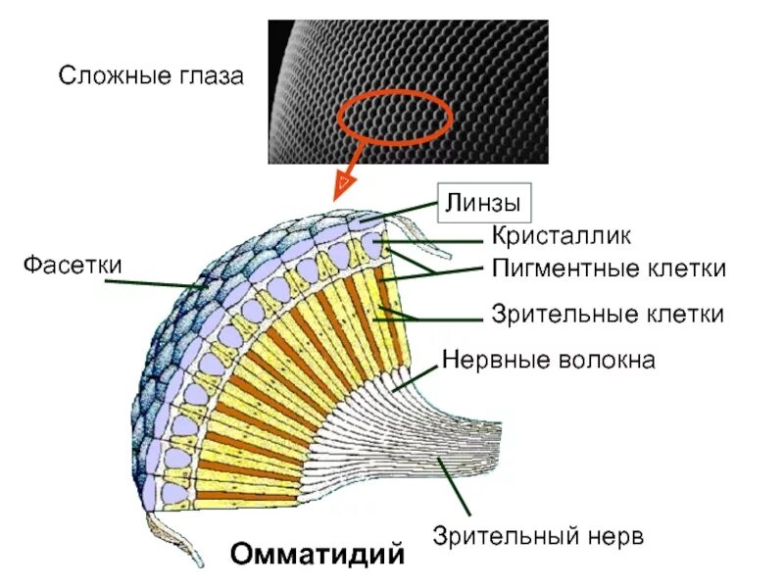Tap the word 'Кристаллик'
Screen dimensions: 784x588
coord(562,236)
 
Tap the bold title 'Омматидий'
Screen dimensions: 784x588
coord(318,556)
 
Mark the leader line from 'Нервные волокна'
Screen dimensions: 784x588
coord(416,375)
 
